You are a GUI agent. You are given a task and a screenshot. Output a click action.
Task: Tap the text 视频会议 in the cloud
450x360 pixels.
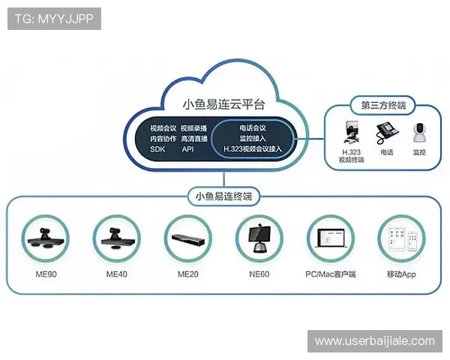163,127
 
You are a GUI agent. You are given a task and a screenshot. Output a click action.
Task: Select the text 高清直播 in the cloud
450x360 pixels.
193,139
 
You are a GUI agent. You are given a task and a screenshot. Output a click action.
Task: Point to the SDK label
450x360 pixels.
157,149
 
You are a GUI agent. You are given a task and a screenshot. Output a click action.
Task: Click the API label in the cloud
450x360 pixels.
187,149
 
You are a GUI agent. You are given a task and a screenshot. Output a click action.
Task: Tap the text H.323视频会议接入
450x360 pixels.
253,149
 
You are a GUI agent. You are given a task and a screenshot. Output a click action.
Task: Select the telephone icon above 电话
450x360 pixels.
386,134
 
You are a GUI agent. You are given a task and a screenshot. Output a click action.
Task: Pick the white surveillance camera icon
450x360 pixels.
419,133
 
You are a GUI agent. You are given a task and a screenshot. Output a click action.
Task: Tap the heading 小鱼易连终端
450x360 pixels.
223,196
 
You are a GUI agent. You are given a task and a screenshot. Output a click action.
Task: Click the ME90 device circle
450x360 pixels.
46,239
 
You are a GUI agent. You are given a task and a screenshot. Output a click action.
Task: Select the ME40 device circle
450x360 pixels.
116,239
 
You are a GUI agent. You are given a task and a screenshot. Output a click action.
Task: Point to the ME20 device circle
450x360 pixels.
187,239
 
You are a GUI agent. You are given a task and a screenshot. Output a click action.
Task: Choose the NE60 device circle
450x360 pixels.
259,239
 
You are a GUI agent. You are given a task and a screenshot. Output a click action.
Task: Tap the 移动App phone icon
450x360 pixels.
400,239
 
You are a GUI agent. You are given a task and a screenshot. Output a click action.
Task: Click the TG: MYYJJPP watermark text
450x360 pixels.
54,19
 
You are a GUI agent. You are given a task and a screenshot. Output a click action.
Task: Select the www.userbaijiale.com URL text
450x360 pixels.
374,341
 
